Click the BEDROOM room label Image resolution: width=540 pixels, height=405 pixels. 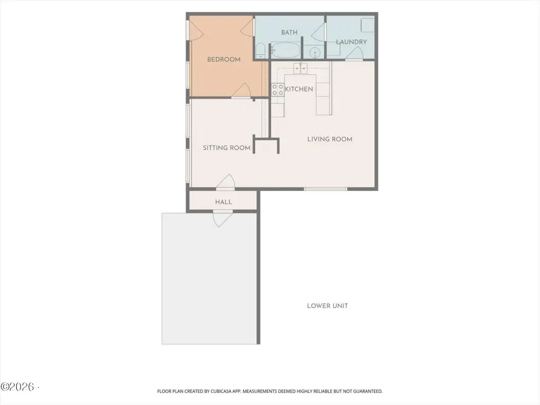[224, 60]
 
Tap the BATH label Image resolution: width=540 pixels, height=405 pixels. [290, 32]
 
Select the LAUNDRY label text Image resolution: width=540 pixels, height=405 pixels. [351, 42]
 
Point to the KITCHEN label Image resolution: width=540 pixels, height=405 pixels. [299, 89]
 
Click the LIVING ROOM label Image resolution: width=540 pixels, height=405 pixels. [330, 139]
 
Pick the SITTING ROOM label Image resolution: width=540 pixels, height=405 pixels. [227, 148]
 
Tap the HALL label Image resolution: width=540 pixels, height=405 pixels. [224, 202]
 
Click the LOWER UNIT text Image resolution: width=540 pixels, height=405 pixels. [327, 306]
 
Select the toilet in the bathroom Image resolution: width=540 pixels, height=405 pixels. [261, 51]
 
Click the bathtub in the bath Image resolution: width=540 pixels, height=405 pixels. [285, 50]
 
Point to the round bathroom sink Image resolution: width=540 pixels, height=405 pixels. [315, 53]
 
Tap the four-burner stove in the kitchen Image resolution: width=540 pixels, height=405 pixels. [277, 90]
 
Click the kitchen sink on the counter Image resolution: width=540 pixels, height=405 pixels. [300, 68]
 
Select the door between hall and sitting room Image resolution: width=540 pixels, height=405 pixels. [226, 182]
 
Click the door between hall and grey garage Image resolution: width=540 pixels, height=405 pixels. [223, 219]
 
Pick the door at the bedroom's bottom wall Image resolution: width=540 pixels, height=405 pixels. [240, 91]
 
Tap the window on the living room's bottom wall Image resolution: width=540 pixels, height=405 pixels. [325, 189]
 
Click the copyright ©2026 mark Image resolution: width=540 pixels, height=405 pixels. [18, 387]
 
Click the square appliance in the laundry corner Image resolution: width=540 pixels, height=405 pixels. [368, 25]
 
